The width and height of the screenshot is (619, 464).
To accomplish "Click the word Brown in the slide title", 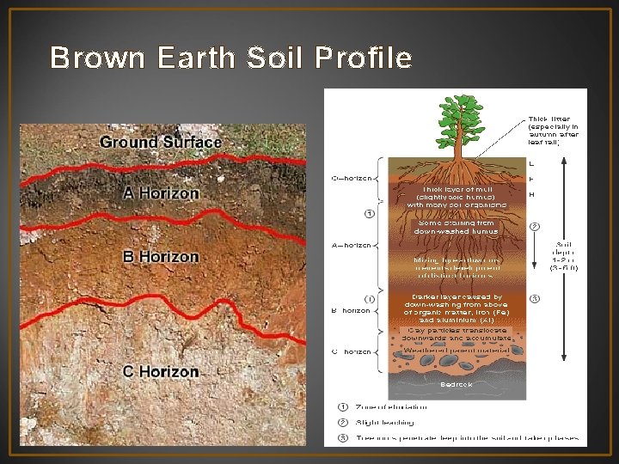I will (x=89, y=58).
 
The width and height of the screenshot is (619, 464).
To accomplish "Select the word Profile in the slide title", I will (x=365, y=58).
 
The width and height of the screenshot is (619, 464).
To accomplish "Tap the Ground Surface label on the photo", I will (x=161, y=142).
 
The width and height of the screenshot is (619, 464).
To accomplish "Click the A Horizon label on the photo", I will (x=161, y=193).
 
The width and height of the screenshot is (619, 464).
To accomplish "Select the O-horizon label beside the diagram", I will (x=352, y=179).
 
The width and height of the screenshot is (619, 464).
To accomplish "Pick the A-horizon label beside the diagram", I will (x=351, y=245).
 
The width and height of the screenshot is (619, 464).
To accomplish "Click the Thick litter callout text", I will (x=554, y=130).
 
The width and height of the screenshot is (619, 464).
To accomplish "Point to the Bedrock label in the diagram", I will (x=456, y=385).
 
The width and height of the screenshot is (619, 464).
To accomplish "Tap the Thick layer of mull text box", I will (x=456, y=197).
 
